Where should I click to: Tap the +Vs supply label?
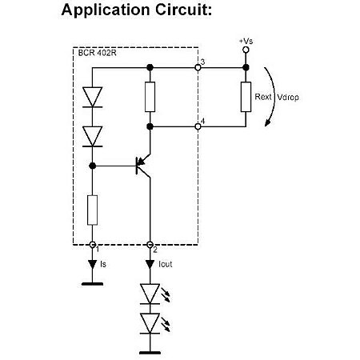[247, 40]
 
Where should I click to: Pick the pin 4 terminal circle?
[198, 126]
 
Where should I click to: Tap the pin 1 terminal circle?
[93, 245]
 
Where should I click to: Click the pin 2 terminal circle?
[150, 245]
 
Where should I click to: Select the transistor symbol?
[143, 165]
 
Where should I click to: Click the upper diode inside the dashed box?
[93, 95]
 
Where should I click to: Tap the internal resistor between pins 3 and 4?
[150, 96]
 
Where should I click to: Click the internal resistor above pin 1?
[93, 209]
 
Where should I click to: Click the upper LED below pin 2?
[150, 293]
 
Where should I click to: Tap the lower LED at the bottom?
[150, 322]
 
